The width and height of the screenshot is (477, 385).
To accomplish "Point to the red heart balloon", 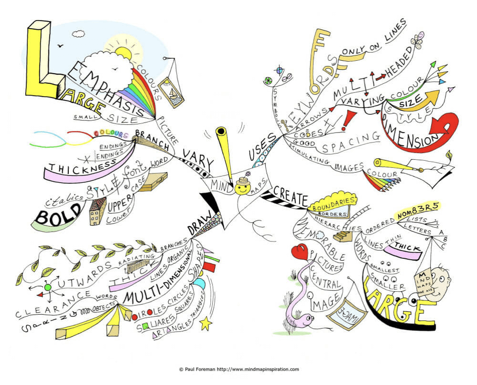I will tap(300, 252).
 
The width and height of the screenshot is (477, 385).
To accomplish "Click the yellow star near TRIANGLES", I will tap(206, 324).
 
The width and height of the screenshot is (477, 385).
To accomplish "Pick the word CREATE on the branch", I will tap(290, 196).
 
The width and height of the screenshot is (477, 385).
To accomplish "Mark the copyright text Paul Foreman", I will tap(238, 369).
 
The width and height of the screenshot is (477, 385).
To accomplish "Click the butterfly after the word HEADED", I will tap(419, 39).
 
